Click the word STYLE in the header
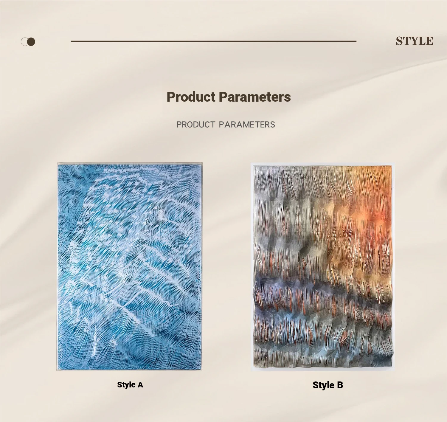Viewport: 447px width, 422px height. [415, 41]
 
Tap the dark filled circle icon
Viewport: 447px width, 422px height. [31, 42]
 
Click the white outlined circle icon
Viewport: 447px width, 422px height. [24, 42]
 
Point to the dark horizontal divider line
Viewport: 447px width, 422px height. [213, 41]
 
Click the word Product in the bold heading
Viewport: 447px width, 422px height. [191, 97]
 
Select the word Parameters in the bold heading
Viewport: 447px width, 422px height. [255, 97]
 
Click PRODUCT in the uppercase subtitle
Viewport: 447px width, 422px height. [196, 125]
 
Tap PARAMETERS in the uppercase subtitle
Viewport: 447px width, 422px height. [247, 125]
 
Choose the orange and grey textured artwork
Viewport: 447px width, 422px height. [323, 267]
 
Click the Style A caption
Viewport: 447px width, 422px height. [130, 385]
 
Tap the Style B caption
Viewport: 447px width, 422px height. [328, 385]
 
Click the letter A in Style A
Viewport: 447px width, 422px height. [140, 385]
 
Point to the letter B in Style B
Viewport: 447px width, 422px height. [340, 385]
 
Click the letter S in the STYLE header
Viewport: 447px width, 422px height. [400, 41]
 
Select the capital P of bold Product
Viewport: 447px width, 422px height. [170, 97]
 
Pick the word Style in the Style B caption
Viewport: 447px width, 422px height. [323, 385]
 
